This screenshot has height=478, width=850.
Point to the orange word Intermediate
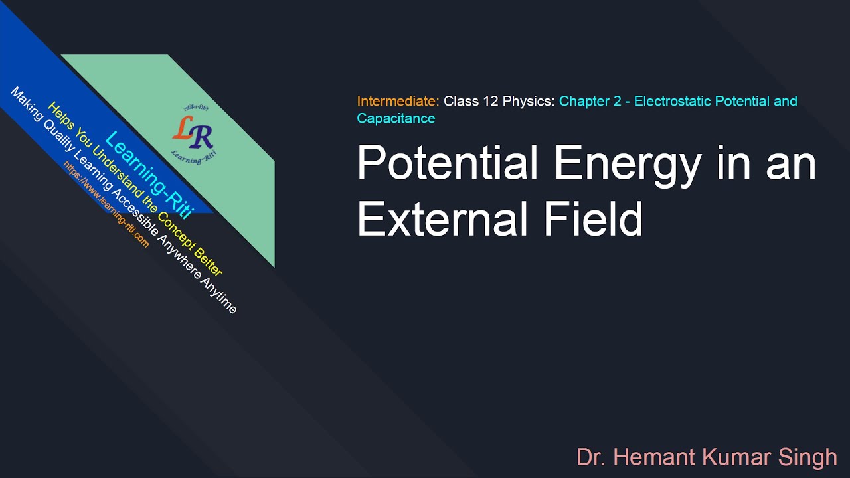(398, 102)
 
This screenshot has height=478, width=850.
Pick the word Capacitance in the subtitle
(396, 119)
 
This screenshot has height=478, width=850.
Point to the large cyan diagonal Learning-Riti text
(149, 175)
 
